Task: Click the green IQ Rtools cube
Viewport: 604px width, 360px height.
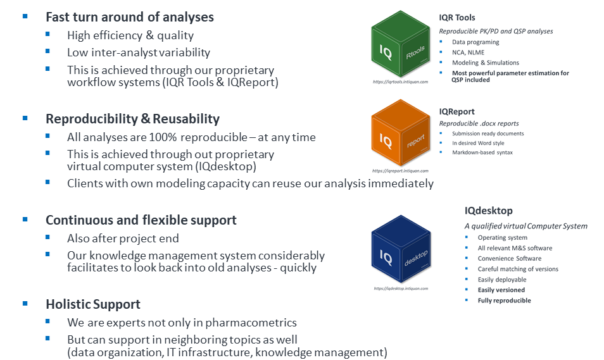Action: click(401, 44)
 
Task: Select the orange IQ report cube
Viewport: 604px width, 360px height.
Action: click(401, 133)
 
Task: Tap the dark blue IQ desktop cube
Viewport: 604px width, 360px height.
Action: click(401, 249)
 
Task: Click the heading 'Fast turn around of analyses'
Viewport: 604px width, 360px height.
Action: click(130, 17)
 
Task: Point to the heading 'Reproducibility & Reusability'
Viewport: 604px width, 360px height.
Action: click(132, 119)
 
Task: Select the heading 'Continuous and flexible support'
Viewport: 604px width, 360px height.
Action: click(141, 220)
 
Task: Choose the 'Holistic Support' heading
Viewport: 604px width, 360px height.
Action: click(93, 304)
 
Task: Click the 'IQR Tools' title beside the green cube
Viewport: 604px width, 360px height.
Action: click(457, 18)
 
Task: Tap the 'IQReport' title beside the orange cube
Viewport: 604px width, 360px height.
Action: click(457, 111)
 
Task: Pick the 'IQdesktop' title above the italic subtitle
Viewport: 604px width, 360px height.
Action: click(488, 211)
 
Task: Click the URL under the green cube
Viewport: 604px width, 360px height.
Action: click(400, 82)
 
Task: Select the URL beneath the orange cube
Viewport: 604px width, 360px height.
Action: click(400, 171)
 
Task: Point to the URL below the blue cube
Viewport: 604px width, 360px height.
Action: click(401, 289)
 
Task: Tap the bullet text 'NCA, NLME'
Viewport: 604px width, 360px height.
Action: click(468, 53)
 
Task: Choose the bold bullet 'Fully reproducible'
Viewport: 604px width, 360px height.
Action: click(504, 301)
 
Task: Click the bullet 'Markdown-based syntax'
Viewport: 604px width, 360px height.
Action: click(482, 152)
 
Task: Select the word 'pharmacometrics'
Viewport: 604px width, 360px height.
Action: click(251, 323)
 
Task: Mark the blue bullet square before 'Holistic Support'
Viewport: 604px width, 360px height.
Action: click(25, 304)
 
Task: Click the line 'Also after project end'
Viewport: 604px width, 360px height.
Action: click(123, 239)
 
